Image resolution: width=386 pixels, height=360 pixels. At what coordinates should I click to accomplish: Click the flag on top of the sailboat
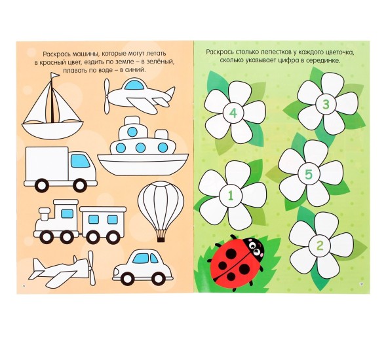[x=54, y=75]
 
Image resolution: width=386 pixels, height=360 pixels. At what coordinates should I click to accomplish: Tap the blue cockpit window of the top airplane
[x=135, y=85]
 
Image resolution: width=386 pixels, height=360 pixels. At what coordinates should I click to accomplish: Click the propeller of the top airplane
[x=107, y=96]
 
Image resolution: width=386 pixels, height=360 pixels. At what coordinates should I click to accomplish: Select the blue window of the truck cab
[x=81, y=161]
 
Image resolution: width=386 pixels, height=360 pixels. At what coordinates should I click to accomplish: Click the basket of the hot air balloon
[x=161, y=240]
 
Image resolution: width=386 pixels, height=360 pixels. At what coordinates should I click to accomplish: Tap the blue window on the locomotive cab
[x=67, y=213]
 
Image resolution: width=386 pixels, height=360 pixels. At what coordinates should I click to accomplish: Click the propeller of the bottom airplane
[x=92, y=268]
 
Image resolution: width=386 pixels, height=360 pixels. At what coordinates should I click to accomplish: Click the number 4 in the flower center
[x=233, y=113]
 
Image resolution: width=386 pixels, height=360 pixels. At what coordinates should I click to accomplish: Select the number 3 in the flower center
[x=326, y=105]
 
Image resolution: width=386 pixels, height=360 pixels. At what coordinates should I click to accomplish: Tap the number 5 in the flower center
[x=309, y=174]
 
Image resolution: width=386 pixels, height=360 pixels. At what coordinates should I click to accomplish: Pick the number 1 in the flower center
[x=231, y=196]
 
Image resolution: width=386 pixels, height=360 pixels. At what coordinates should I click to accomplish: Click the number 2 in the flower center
[x=319, y=245]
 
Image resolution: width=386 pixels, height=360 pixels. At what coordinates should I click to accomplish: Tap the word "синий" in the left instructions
[x=136, y=70]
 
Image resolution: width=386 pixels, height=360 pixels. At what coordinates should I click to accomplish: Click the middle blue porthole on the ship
[x=140, y=147]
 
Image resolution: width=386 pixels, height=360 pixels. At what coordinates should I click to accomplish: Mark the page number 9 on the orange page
[x=24, y=285]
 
